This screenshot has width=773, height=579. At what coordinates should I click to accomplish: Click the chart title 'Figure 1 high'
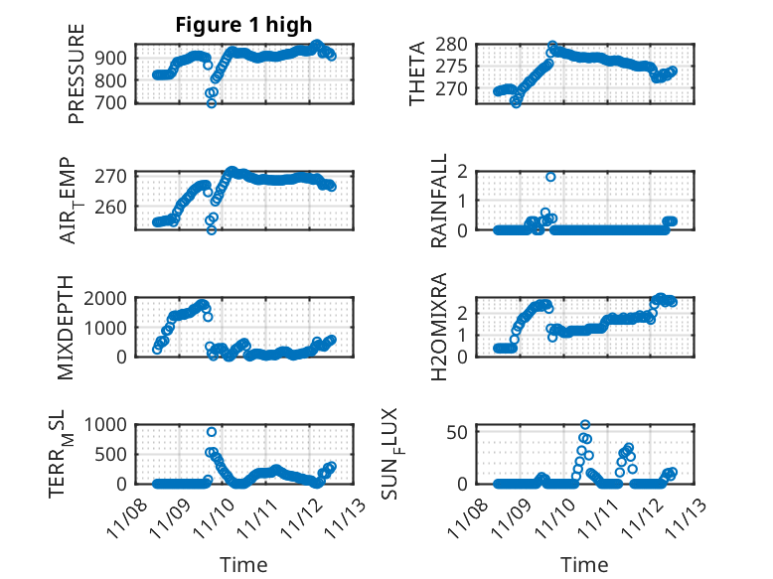243,25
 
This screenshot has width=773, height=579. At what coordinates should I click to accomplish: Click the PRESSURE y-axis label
77,80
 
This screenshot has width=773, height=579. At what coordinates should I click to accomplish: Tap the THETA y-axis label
417,73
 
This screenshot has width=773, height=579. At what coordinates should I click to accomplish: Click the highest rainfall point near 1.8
550,177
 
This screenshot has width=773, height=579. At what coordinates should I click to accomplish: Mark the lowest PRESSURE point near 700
211,103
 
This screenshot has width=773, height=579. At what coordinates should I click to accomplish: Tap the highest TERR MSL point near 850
212,432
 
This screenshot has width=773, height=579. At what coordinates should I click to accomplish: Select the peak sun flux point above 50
585,425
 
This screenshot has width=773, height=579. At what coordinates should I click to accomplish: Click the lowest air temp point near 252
211,230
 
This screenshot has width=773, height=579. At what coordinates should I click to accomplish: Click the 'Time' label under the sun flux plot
584,565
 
